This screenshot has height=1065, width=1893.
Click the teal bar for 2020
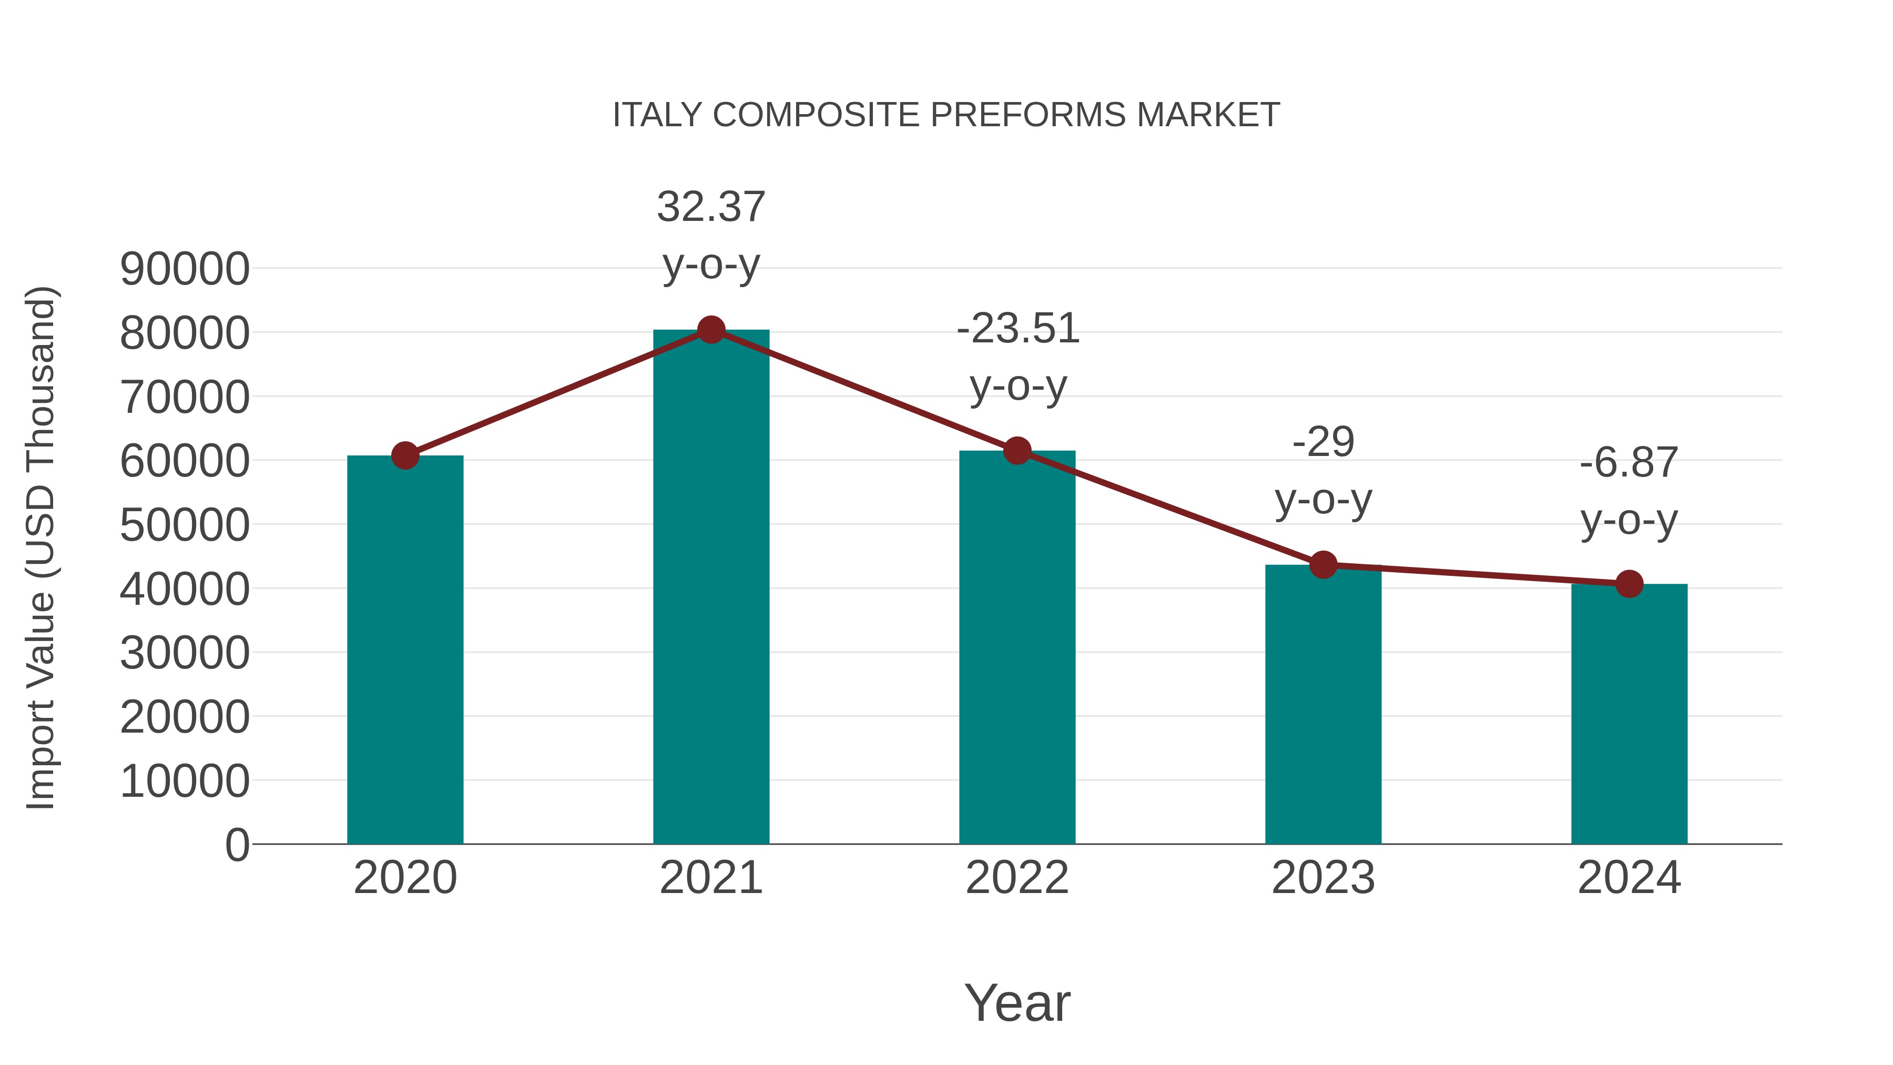point(405,651)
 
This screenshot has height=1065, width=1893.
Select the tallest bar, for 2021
point(710,588)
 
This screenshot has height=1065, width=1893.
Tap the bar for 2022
point(1017,647)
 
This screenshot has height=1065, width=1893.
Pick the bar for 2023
point(1323,706)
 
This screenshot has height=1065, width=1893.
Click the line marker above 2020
point(405,455)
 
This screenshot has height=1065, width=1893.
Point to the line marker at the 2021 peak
point(710,330)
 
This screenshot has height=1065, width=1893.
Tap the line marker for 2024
point(1629,584)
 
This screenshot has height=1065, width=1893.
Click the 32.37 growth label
point(710,207)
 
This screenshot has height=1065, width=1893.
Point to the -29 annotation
point(1323,442)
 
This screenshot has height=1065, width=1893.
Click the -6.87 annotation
point(1629,463)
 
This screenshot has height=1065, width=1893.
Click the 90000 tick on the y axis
point(185,269)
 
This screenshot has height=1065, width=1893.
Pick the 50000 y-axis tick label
point(185,525)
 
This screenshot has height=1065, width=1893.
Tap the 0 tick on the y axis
point(237,845)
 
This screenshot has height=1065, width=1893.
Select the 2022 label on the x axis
point(1017,878)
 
